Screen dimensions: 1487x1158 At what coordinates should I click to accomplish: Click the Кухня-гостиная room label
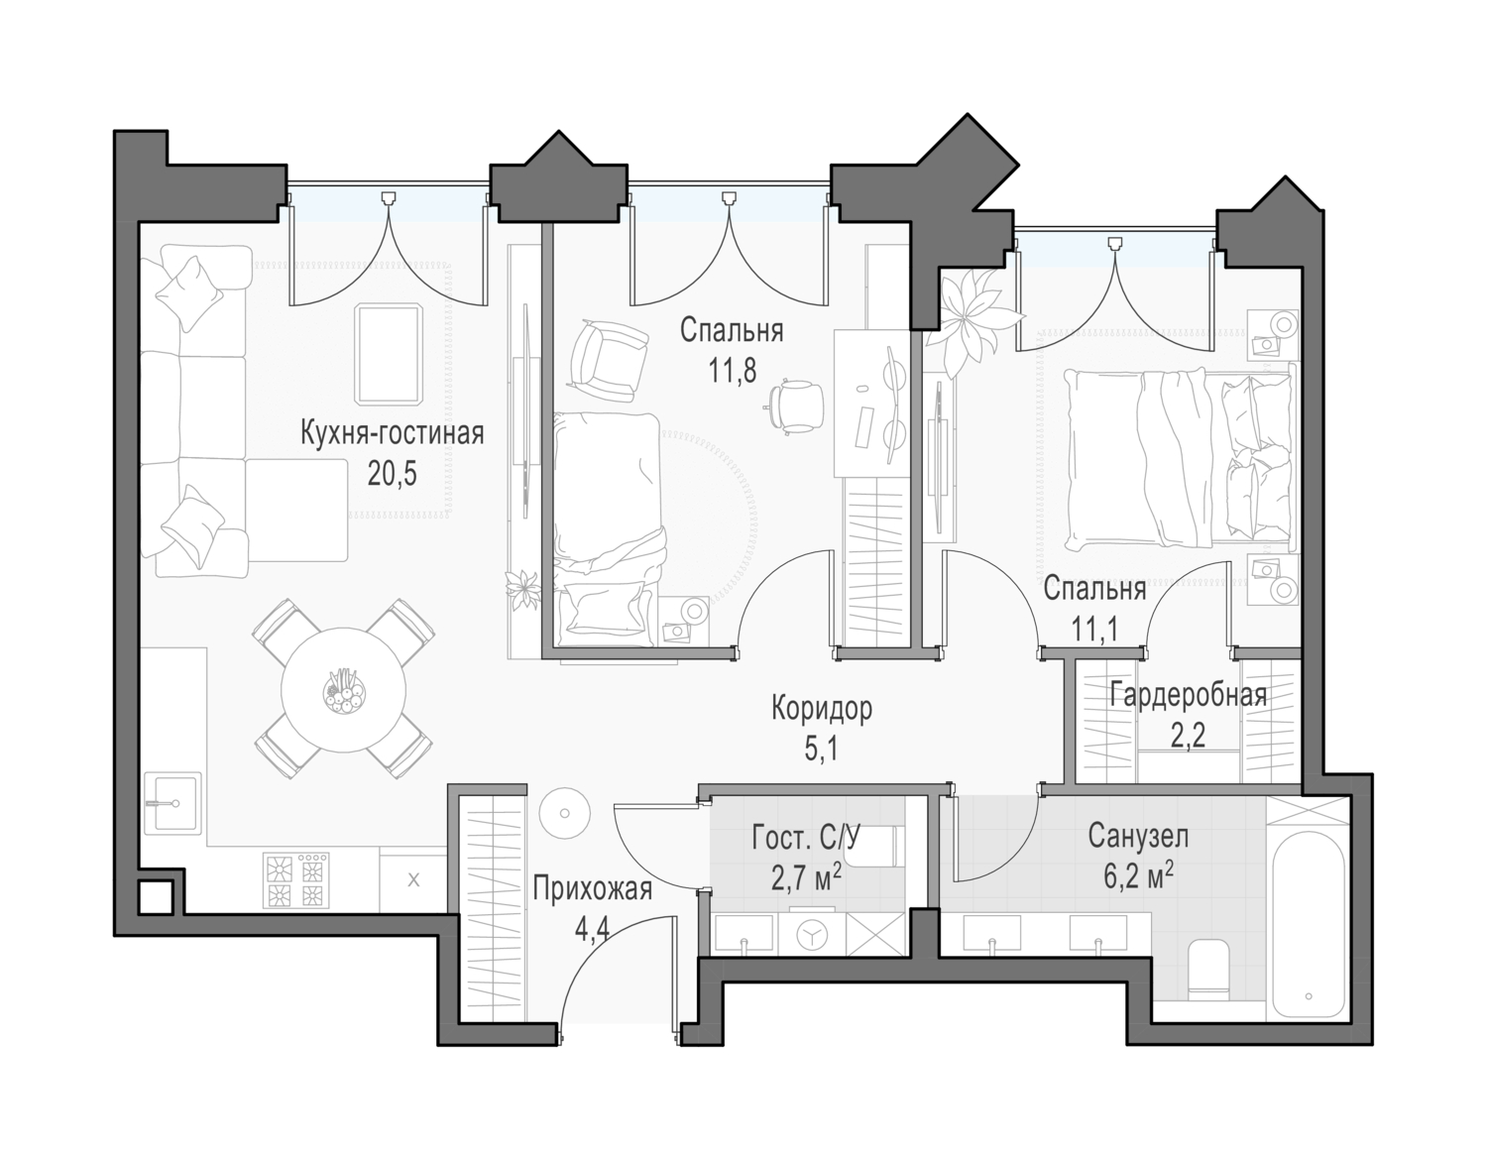click(393, 434)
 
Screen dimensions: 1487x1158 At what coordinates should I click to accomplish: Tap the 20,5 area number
click(393, 474)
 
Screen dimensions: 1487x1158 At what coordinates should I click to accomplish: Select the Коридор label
click(822, 709)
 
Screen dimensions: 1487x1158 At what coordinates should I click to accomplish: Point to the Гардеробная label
click(1188, 696)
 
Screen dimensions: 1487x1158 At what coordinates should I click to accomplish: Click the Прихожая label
click(593, 889)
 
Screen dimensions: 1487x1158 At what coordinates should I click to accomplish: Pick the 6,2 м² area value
click(1139, 874)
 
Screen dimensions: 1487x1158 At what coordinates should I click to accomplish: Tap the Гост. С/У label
click(805, 839)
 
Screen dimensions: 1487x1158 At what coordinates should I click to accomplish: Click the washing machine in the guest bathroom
click(812, 933)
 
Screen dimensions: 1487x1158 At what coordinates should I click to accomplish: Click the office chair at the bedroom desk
click(796, 406)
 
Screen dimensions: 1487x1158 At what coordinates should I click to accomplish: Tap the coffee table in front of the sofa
click(388, 355)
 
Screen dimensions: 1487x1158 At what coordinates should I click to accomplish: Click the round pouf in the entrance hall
click(564, 813)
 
